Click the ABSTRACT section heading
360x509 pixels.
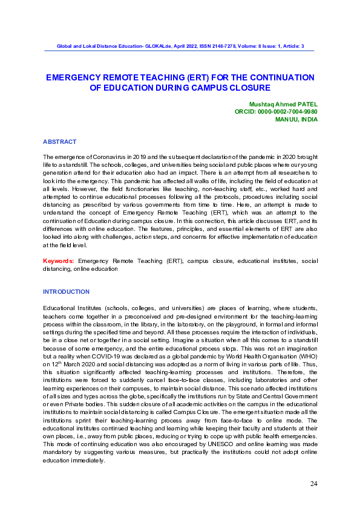click(x=59, y=141)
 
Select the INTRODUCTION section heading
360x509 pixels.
click(x=66, y=292)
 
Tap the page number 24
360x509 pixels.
click(x=313, y=484)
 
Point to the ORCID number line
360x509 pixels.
click(x=276, y=112)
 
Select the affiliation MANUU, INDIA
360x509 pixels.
click(x=296, y=119)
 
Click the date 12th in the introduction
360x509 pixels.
click(x=56, y=365)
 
